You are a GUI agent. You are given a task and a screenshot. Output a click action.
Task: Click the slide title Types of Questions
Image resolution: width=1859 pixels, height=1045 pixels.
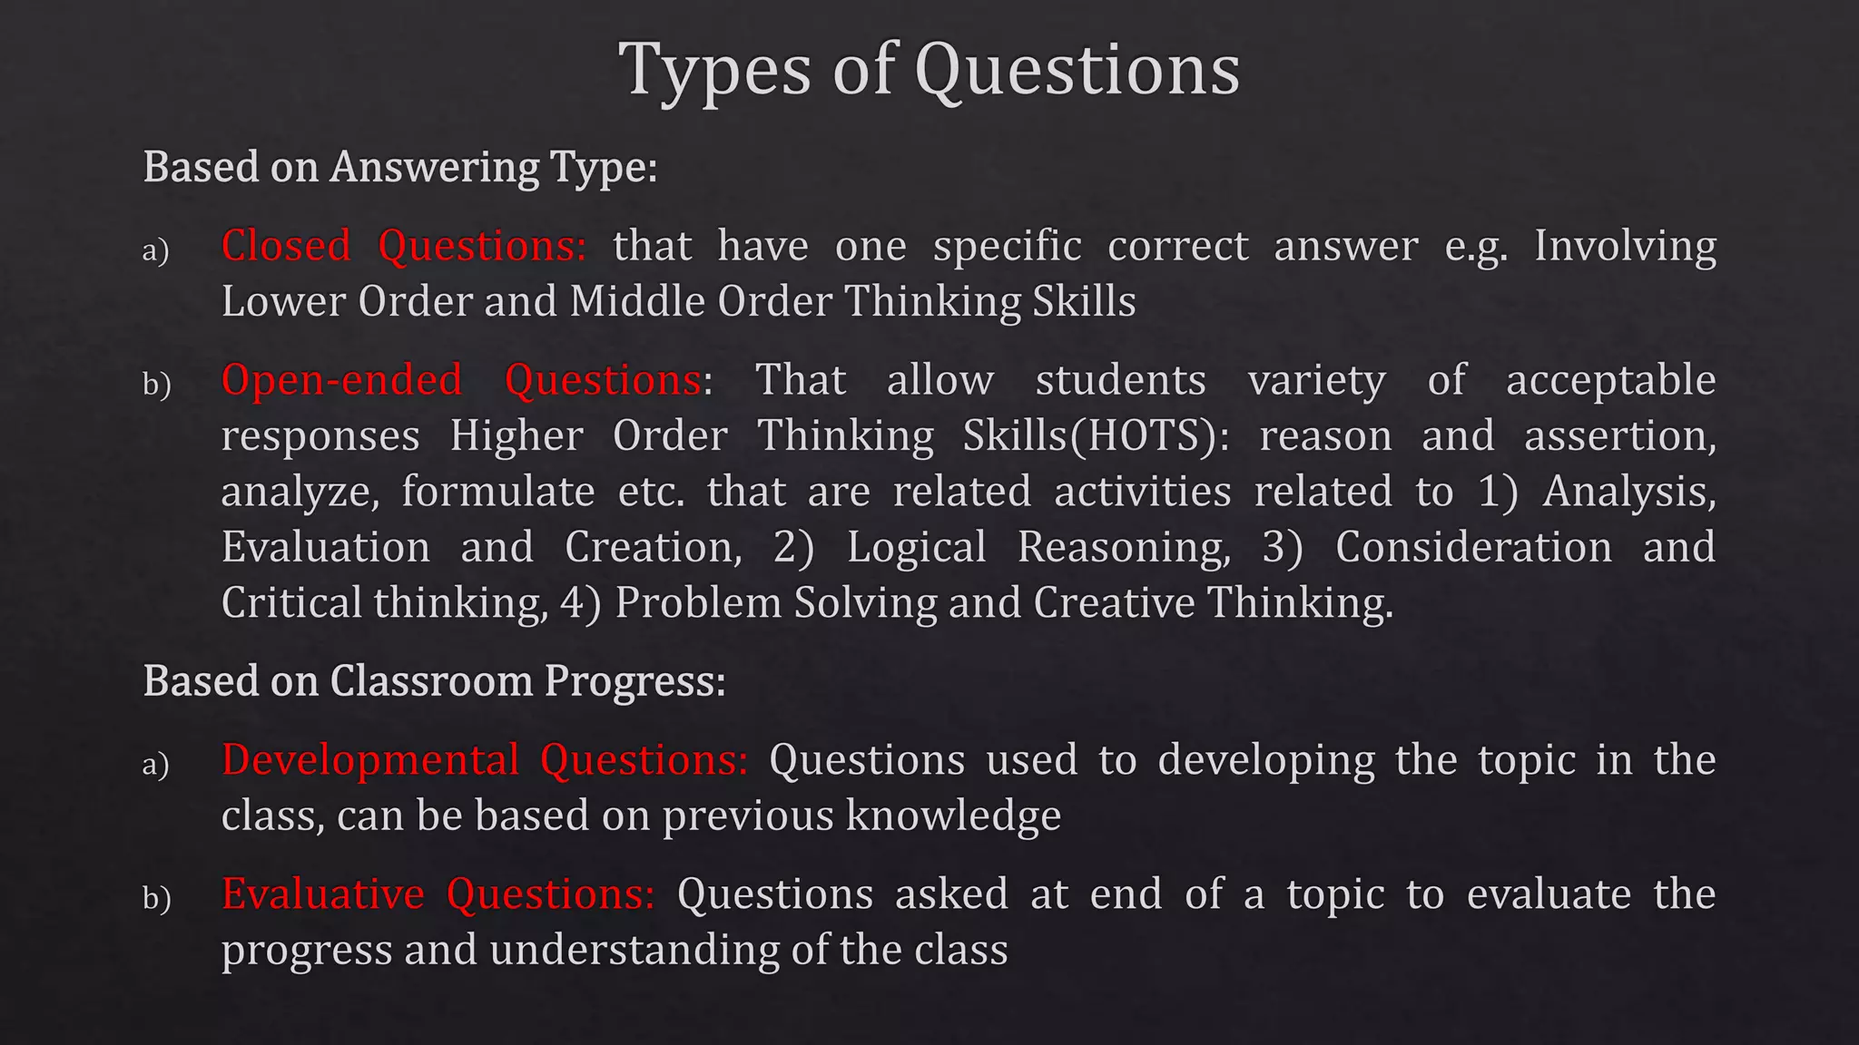(x=929, y=70)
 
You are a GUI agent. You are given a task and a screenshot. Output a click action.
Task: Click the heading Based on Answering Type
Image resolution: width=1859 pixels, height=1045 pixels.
(x=400, y=168)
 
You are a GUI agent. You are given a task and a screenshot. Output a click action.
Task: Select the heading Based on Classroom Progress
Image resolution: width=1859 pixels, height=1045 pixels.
(x=434, y=681)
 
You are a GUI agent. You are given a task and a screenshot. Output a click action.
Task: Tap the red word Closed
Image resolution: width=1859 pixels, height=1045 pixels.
(x=286, y=247)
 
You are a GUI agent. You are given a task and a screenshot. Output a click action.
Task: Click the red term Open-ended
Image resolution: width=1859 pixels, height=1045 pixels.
(x=341, y=380)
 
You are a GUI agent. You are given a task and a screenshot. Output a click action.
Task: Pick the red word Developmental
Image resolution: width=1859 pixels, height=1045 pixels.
(x=370, y=760)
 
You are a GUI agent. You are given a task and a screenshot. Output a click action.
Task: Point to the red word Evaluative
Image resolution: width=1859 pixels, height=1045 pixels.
(x=323, y=894)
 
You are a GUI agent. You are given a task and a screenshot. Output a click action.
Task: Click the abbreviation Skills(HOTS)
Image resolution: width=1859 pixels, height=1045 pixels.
(x=1095, y=436)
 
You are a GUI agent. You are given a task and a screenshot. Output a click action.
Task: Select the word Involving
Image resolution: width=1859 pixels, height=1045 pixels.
(x=1625, y=247)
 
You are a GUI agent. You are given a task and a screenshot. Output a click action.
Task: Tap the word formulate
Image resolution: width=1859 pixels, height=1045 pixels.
(x=498, y=492)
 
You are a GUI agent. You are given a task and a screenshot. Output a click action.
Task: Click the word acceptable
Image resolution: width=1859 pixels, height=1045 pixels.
(x=1610, y=380)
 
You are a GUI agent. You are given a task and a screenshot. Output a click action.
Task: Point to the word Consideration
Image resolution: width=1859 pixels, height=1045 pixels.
(x=1473, y=547)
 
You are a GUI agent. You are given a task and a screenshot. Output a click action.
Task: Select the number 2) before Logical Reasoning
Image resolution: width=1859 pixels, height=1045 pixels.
(x=793, y=547)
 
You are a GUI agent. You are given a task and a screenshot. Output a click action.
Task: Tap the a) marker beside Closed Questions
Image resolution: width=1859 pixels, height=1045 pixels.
(x=156, y=250)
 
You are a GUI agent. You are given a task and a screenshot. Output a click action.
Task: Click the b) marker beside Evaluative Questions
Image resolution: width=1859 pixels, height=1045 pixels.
(x=156, y=898)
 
